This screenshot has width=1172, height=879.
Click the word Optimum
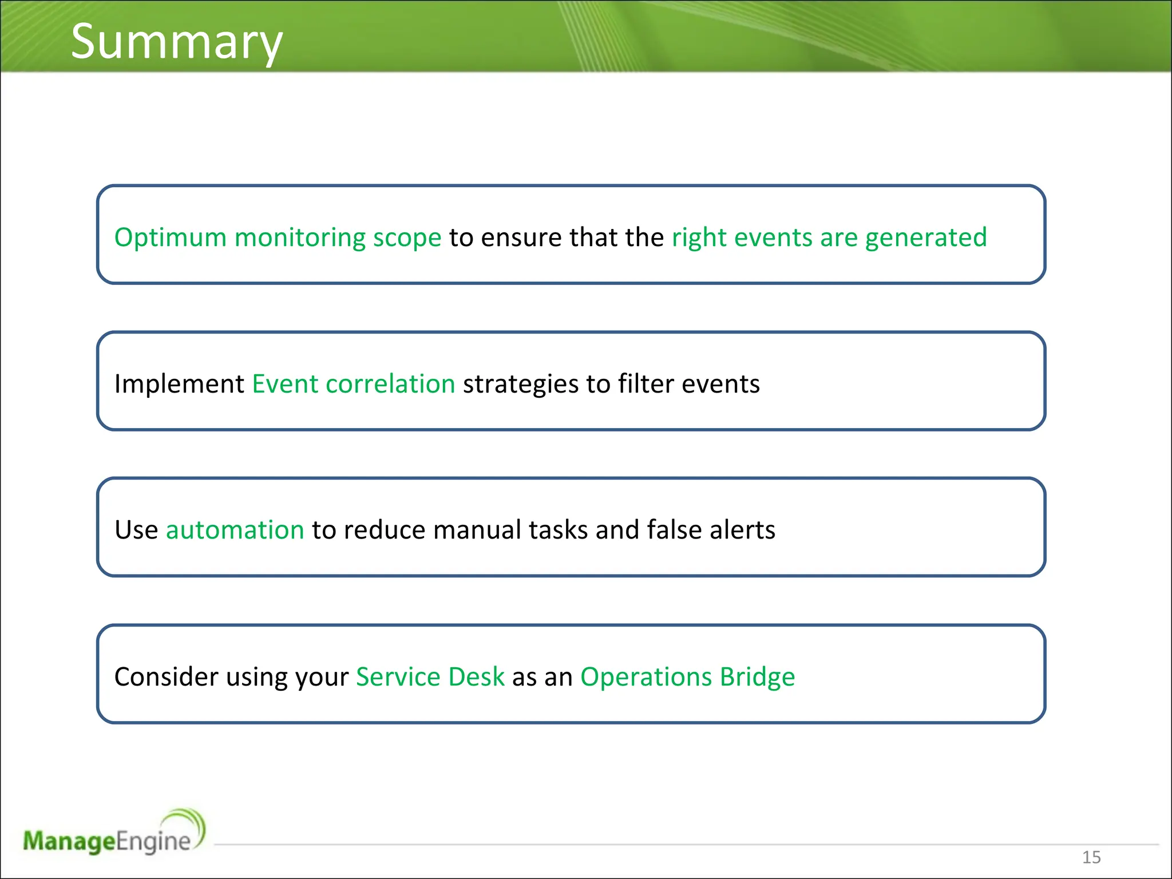click(x=170, y=237)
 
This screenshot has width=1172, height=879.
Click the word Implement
click(x=179, y=383)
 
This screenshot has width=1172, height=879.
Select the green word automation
click(x=235, y=529)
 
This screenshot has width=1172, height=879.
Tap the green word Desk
click(x=476, y=676)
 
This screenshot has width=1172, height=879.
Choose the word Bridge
click(x=757, y=676)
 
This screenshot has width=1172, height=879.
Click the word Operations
click(x=646, y=676)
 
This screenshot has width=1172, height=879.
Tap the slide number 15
click(x=1091, y=857)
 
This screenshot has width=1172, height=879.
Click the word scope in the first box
click(x=407, y=238)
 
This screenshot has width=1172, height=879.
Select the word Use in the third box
click(x=136, y=529)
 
